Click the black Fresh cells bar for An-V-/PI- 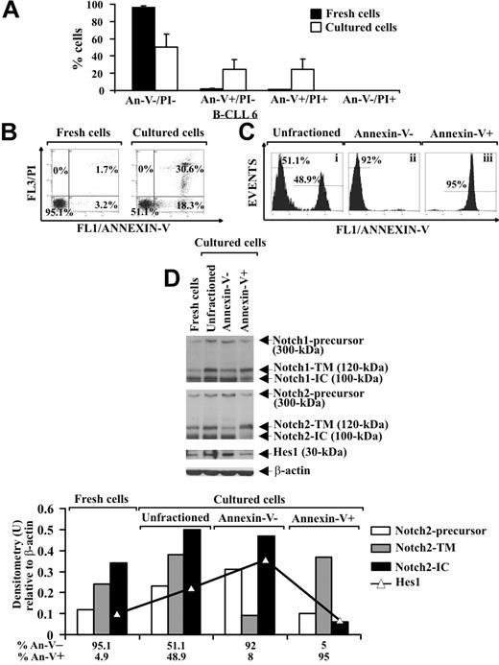116,49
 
